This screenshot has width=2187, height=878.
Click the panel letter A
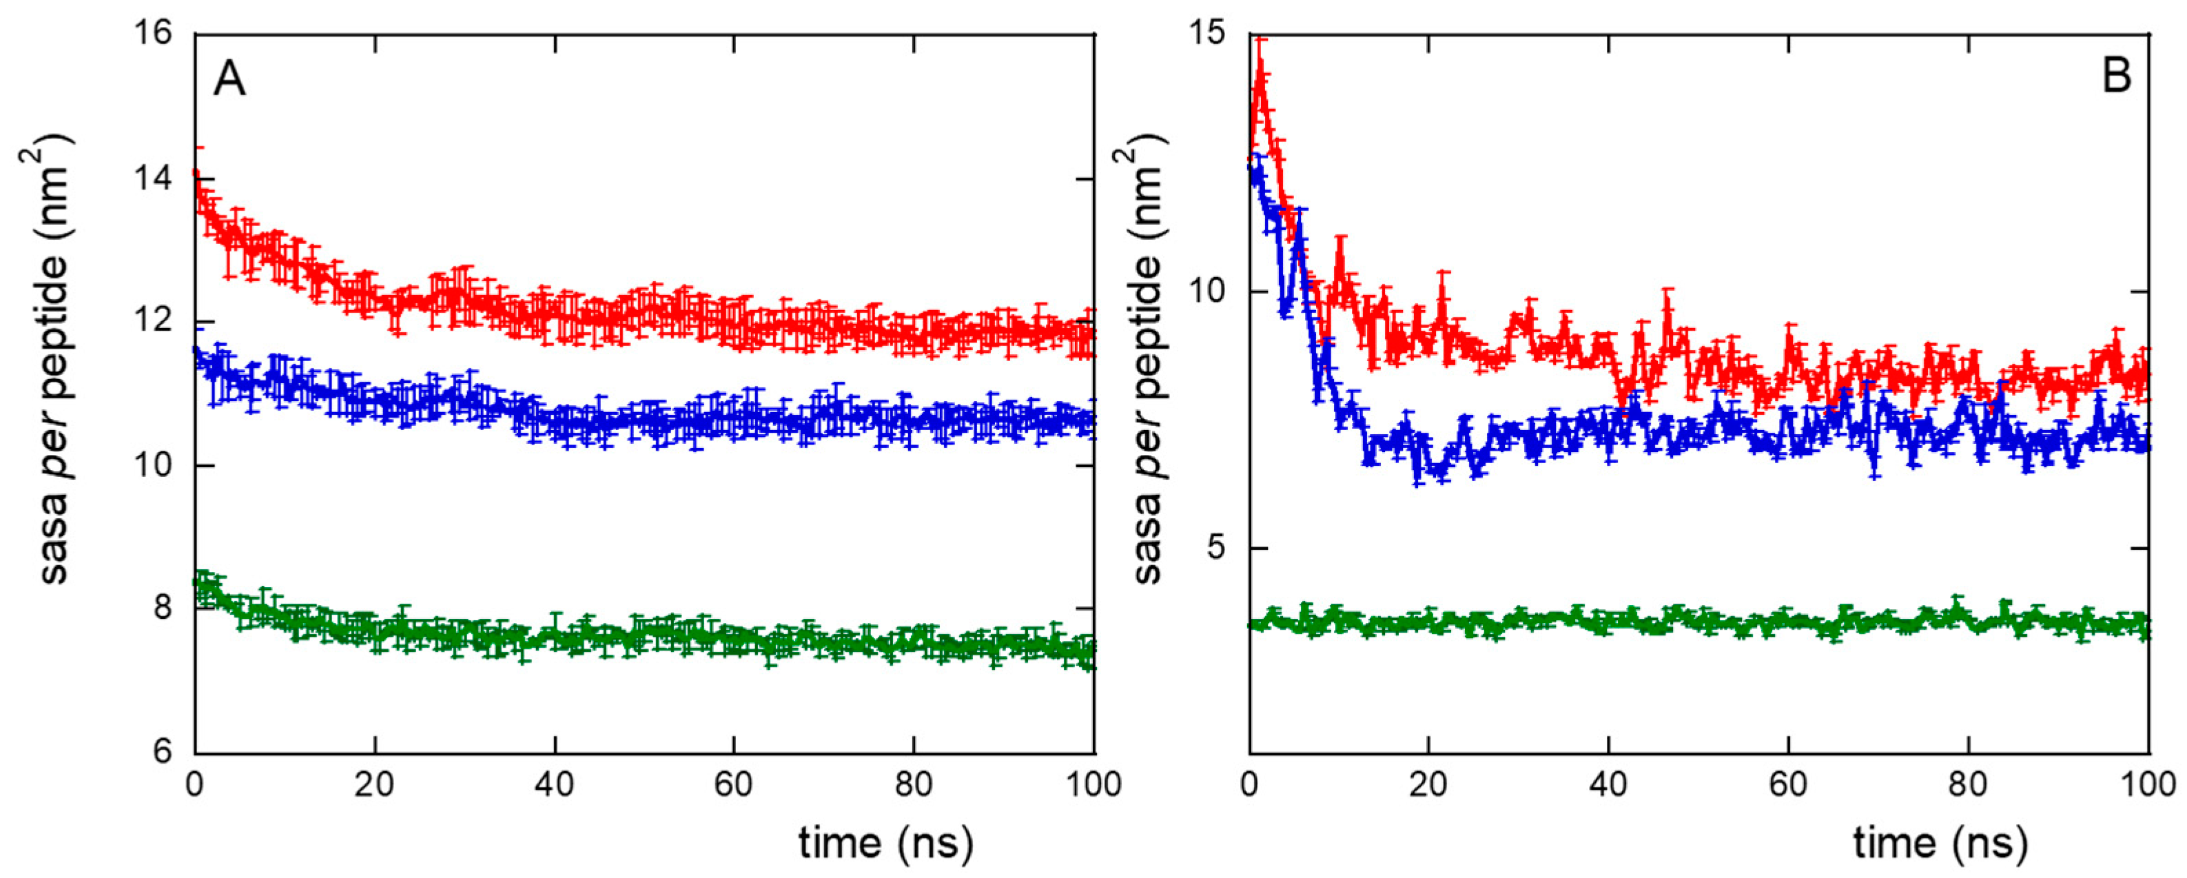(229, 81)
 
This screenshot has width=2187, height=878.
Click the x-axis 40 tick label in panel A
(555, 784)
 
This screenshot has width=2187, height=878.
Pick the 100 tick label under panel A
(1093, 784)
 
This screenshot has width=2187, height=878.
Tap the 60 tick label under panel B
(1788, 784)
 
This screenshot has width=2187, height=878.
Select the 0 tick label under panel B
(1249, 784)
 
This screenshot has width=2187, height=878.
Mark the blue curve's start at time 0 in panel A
(197, 351)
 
